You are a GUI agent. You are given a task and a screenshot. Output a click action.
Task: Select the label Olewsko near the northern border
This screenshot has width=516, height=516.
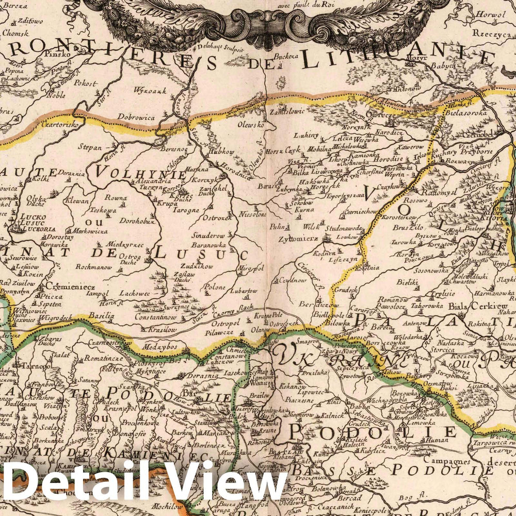(x=250, y=125)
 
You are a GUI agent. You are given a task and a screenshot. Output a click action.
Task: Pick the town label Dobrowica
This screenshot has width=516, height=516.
(x=136, y=117)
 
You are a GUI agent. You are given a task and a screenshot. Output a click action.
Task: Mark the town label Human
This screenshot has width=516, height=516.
(x=433, y=440)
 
